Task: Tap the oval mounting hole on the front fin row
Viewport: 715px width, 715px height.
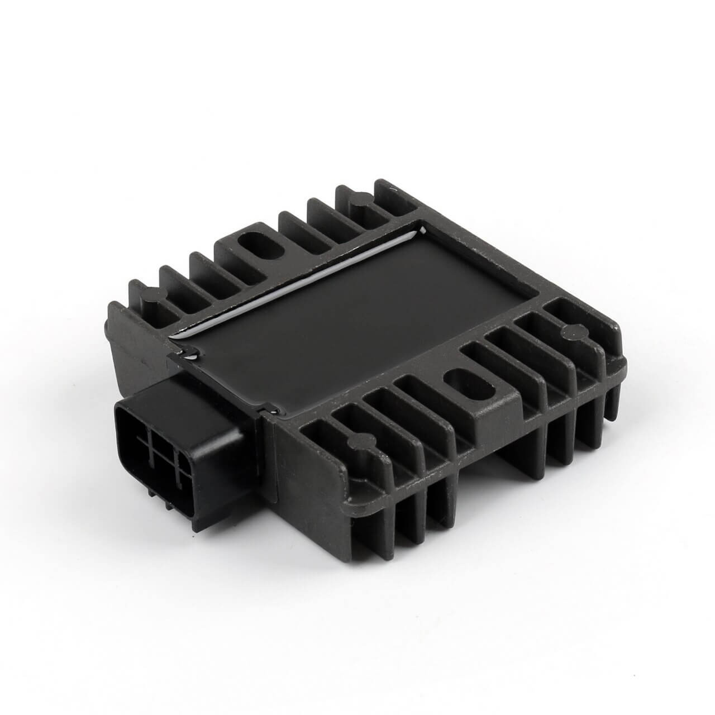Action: coord(459,385)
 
